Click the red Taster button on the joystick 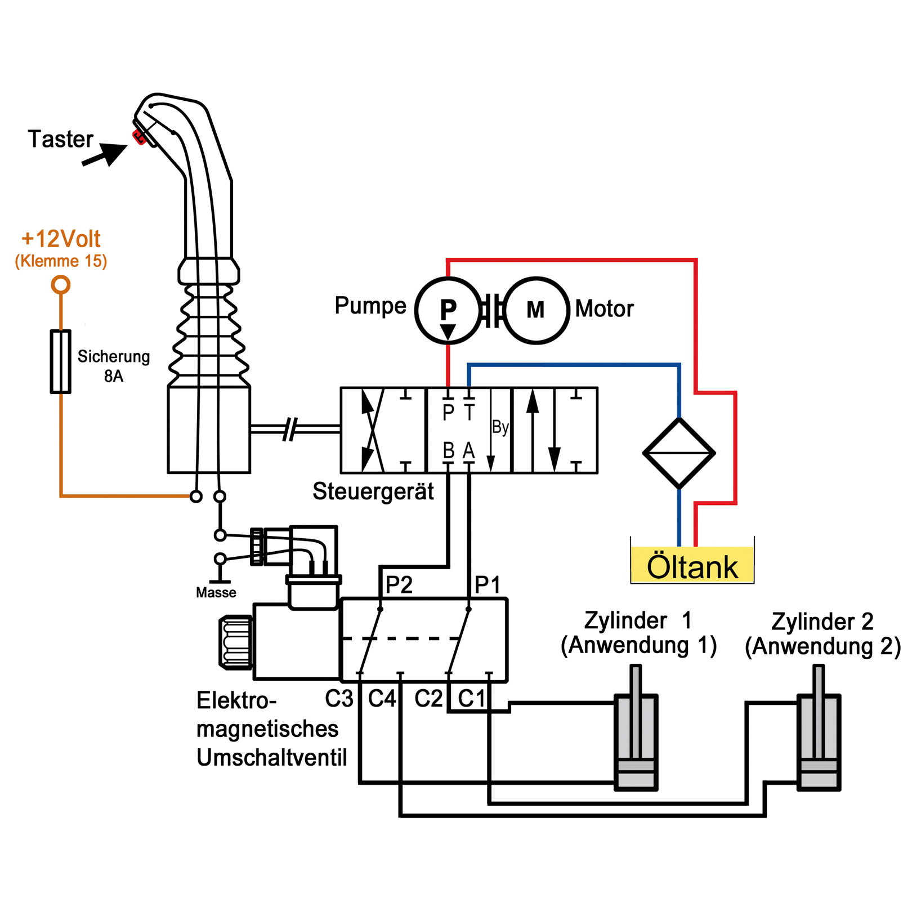pos(138,137)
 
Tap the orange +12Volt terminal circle pos(61,284)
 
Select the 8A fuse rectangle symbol pos(61,361)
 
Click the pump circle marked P pos(448,310)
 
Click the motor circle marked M pos(536,310)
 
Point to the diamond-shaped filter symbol pos(679,453)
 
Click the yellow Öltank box pos(692,566)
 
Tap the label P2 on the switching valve pos(399,585)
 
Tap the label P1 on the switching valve pos(487,585)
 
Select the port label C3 pos(339,699)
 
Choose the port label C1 pos(471,699)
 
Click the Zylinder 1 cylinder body pos(636,743)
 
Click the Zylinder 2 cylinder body pos(819,743)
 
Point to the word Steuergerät pos(373,491)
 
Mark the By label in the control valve pos(500,427)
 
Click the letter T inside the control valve pos(469,413)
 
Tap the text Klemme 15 pos(61,261)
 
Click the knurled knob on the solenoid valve pos(236,642)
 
